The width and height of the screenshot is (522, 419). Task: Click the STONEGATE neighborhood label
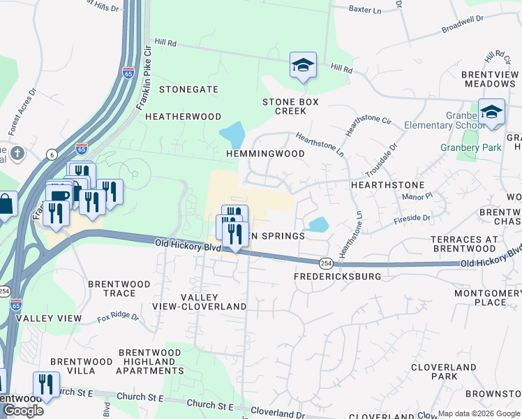click(188, 90)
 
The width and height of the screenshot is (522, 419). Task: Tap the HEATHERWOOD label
click(183, 117)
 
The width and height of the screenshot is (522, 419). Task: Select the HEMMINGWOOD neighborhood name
click(265, 154)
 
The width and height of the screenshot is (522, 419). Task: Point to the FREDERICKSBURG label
click(338, 277)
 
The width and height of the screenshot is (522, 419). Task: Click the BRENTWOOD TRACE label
click(119, 289)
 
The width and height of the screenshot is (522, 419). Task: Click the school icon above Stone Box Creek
click(303, 65)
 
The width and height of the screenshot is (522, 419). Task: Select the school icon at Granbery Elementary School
click(491, 112)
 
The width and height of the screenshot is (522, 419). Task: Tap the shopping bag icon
click(6, 205)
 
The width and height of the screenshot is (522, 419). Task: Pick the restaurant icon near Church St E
click(46, 383)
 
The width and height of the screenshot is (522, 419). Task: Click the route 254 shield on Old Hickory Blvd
click(325, 262)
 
